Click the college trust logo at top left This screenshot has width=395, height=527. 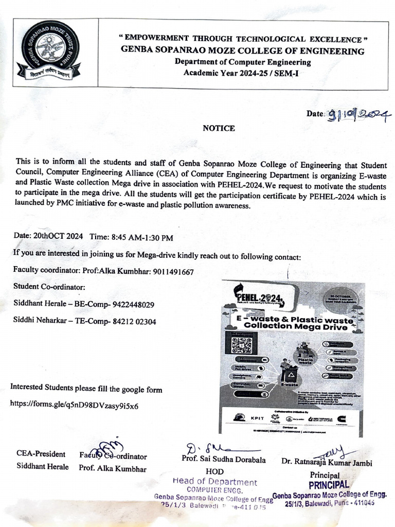tap(47, 55)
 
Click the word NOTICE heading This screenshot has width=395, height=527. tap(219, 128)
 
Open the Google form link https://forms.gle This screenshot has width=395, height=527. tap(74, 406)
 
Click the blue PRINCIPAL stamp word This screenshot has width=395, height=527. tap(329, 485)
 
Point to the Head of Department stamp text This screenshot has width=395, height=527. tap(215, 482)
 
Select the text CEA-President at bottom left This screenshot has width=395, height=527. tap(41, 454)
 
